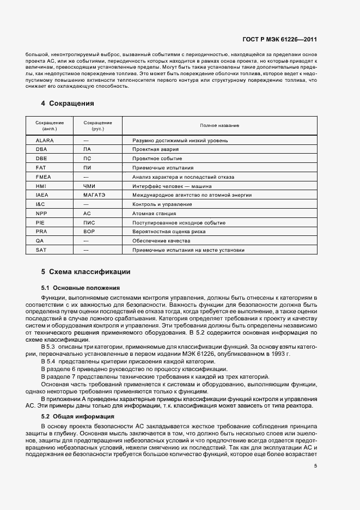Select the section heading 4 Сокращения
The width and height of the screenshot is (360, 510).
coord(68,103)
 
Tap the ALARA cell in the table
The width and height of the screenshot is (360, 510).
coord(45,141)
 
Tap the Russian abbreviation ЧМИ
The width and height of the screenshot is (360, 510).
coord(90,186)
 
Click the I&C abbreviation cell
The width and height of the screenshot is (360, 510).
coord(41,204)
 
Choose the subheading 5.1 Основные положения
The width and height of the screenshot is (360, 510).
coord(81,287)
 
